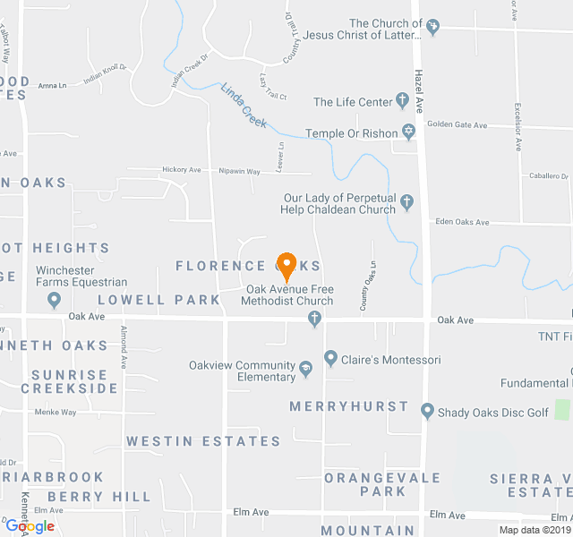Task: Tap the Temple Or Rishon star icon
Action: coord(408,132)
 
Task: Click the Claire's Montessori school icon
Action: coord(330,360)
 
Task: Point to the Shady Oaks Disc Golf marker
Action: coord(427,412)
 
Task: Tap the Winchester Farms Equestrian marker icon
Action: coord(54,300)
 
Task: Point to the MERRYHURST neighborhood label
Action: coord(348,406)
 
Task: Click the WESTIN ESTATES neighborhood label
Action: coord(203,441)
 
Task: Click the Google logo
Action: coord(30,526)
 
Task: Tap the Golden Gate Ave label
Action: coord(457,125)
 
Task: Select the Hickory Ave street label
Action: coord(182,170)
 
